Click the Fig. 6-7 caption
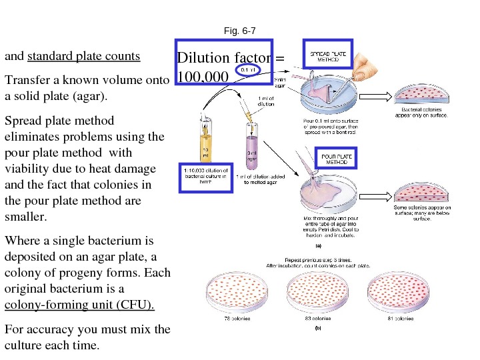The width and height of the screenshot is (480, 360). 240,30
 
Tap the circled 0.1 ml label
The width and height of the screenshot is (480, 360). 247,69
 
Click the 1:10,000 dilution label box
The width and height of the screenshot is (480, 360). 206,175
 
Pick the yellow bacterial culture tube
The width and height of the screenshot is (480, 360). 206,139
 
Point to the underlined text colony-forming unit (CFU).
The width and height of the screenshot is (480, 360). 79,305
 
